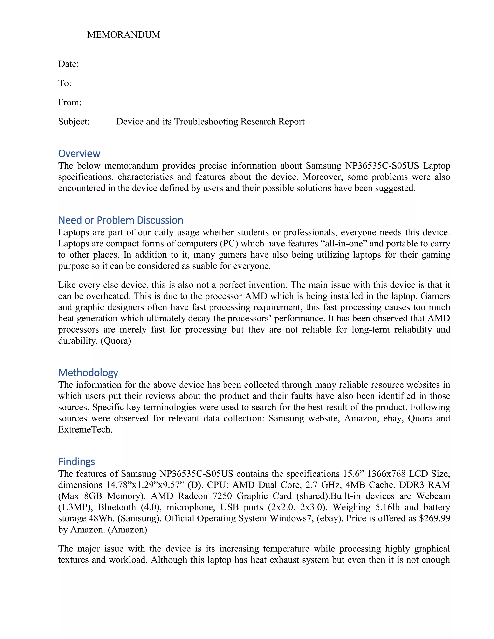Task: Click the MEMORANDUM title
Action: pyautogui.click(x=123, y=35)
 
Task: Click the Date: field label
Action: pyautogui.click(x=69, y=64)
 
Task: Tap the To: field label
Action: pyautogui.click(x=65, y=83)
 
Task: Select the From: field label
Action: pyautogui.click(x=70, y=102)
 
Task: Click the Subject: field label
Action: pyautogui.click(x=74, y=122)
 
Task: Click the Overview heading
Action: pyautogui.click(x=79, y=154)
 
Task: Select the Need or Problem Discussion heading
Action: pyautogui.click(x=121, y=220)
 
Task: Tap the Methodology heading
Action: pyautogui.click(x=88, y=373)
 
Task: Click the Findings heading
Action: pyautogui.click(x=76, y=462)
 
